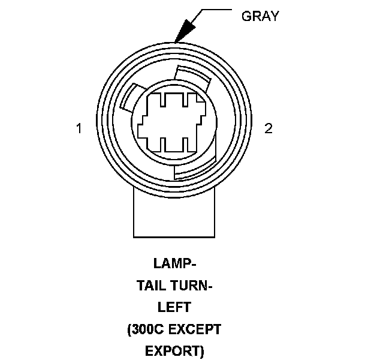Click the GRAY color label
click(260, 16)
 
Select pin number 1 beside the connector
click(79, 128)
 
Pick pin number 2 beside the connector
click(269, 128)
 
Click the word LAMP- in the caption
click(174, 263)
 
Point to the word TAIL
click(152, 285)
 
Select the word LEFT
click(174, 307)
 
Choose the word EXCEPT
click(197, 329)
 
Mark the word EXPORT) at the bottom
click(174, 350)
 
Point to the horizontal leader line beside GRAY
click(216, 10)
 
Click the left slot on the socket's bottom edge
click(162, 144)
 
